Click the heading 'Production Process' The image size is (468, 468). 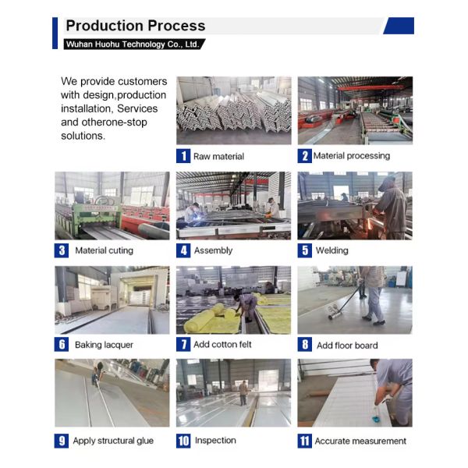[x=136, y=26]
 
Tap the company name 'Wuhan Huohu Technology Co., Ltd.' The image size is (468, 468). [x=133, y=44]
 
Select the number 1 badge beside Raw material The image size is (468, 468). [x=183, y=156]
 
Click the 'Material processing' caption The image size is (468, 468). [x=352, y=156]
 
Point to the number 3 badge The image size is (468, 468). [x=62, y=250]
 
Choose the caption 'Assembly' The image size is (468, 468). [x=213, y=250]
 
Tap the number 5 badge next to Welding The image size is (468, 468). [x=305, y=250]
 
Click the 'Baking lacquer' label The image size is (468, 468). [x=104, y=345]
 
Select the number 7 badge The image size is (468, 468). [x=183, y=345]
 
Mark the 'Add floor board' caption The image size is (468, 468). [x=347, y=346]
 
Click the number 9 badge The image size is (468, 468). [x=62, y=441]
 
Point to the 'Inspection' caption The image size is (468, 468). [x=215, y=440]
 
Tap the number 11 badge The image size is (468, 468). [x=305, y=441]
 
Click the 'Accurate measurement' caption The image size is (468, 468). [x=360, y=441]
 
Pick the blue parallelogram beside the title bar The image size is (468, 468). [x=399, y=26]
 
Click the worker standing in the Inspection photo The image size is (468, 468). [x=243, y=393]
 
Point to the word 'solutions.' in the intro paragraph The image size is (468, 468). [x=83, y=136]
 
